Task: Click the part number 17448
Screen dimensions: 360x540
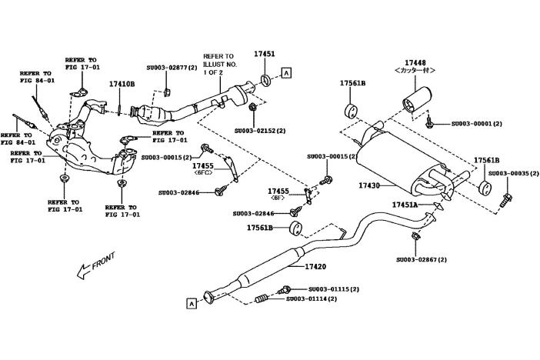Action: [416, 62]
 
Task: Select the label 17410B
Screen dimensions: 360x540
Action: [122, 83]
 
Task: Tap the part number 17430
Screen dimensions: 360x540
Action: [370, 185]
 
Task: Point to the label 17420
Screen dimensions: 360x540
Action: [316, 266]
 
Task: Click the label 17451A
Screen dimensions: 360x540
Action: [404, 205]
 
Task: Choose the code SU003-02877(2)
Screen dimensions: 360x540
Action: [171, 68]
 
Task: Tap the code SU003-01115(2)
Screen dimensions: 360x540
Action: [325, 288]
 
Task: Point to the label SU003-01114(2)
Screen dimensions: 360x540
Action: [312, 298]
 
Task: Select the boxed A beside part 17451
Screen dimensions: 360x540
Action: [287, 73]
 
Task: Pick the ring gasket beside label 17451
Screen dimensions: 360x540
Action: [265, 80]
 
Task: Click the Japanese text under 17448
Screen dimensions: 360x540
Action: [416, 71]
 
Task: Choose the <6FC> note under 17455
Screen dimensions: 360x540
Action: [203, 173]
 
